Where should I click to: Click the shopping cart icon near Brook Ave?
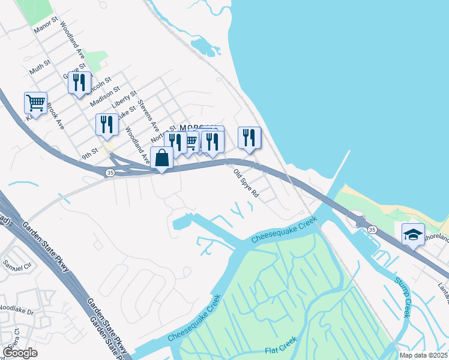(35, 103)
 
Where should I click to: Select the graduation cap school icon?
(413, 235)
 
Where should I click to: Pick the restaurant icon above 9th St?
(107, 124)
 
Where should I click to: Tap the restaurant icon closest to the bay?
(250, 137)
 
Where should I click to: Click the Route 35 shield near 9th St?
(109, 173)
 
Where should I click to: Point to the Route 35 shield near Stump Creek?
(372, 230)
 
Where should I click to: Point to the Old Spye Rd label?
(246, 183)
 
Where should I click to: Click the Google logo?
(20, 353)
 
